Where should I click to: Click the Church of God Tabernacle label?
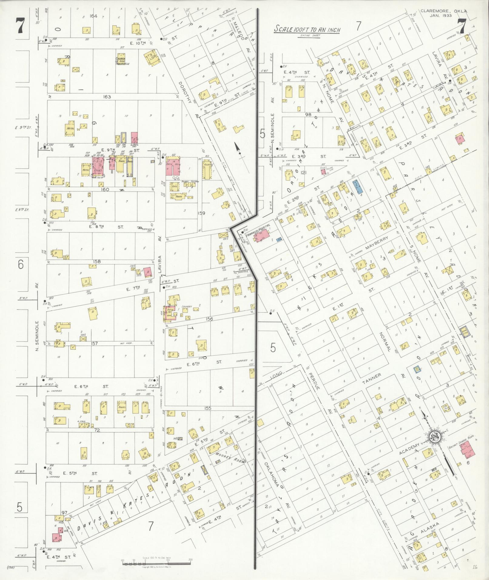tap(122, 61)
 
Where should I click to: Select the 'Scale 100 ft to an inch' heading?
tap(307, 29)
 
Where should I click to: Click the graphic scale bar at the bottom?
tap(156, 564)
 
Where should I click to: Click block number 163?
tap(107, 97)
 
